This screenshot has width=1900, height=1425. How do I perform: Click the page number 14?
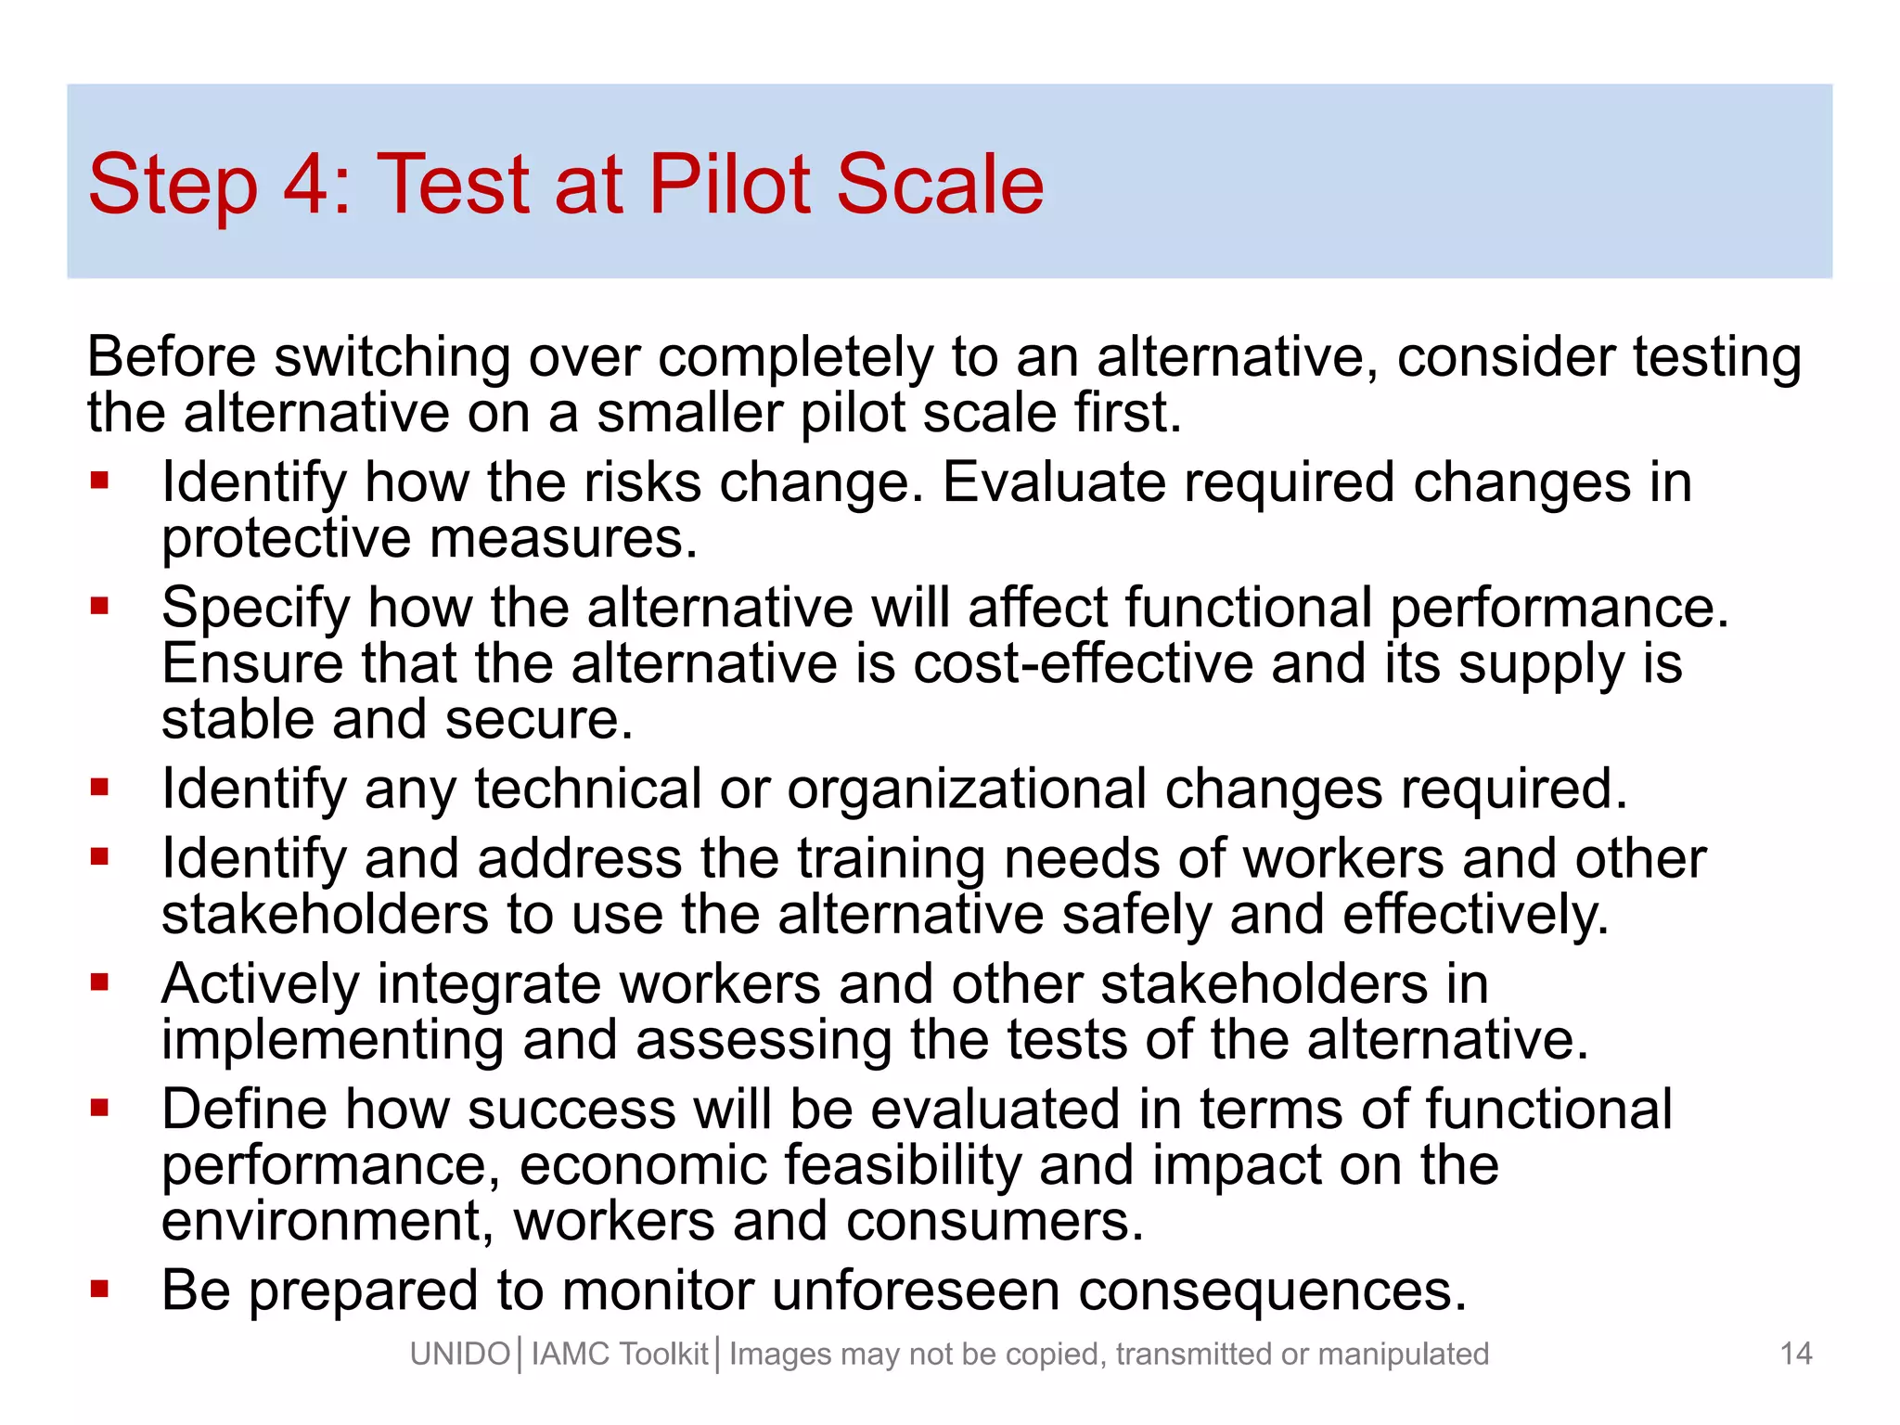tap(1796, 1354)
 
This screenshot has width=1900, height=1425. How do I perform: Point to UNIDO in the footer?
tap(460, 1354)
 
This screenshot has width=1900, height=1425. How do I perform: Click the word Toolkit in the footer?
tap(663, 1354)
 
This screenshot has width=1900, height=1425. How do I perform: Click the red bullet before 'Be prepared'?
tap(100, 1288)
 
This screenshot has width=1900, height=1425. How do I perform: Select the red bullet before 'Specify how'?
tap(100, 606)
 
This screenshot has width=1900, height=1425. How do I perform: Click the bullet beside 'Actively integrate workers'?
tap(100, 982)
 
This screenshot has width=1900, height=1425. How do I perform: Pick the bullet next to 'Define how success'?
tap(100, 1107)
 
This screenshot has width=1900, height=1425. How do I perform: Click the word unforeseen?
tap(915, 1290)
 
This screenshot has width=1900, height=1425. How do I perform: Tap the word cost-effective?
tap(1083, 664)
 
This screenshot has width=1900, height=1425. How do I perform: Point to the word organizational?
tap(967, 790)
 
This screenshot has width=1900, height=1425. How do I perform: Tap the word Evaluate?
tap(1053, 483)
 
